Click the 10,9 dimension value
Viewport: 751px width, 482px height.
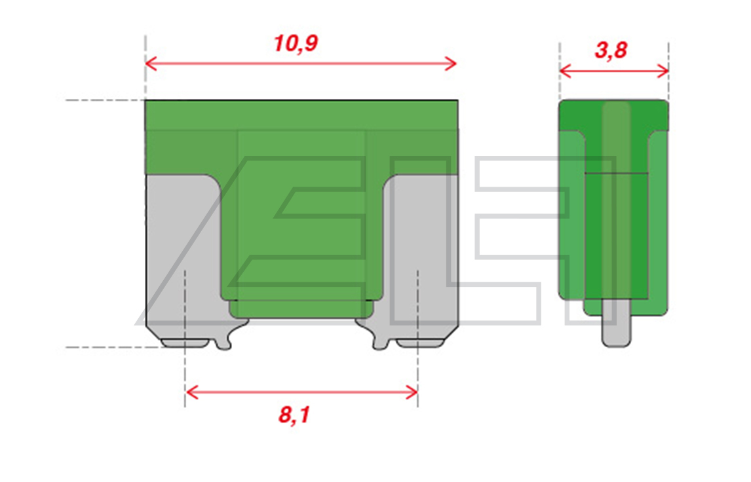296,44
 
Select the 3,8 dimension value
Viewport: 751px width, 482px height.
611,50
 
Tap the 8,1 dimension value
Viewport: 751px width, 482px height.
294,415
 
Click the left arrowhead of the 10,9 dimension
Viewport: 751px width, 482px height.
151,63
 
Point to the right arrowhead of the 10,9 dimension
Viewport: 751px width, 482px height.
451,63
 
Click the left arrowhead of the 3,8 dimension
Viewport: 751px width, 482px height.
565,71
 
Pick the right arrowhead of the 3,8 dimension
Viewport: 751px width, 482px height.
663,71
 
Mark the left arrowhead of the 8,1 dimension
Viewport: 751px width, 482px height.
191,392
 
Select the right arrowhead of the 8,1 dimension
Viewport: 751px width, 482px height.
412,392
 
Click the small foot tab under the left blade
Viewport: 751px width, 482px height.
184,343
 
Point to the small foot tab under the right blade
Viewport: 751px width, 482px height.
420,343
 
